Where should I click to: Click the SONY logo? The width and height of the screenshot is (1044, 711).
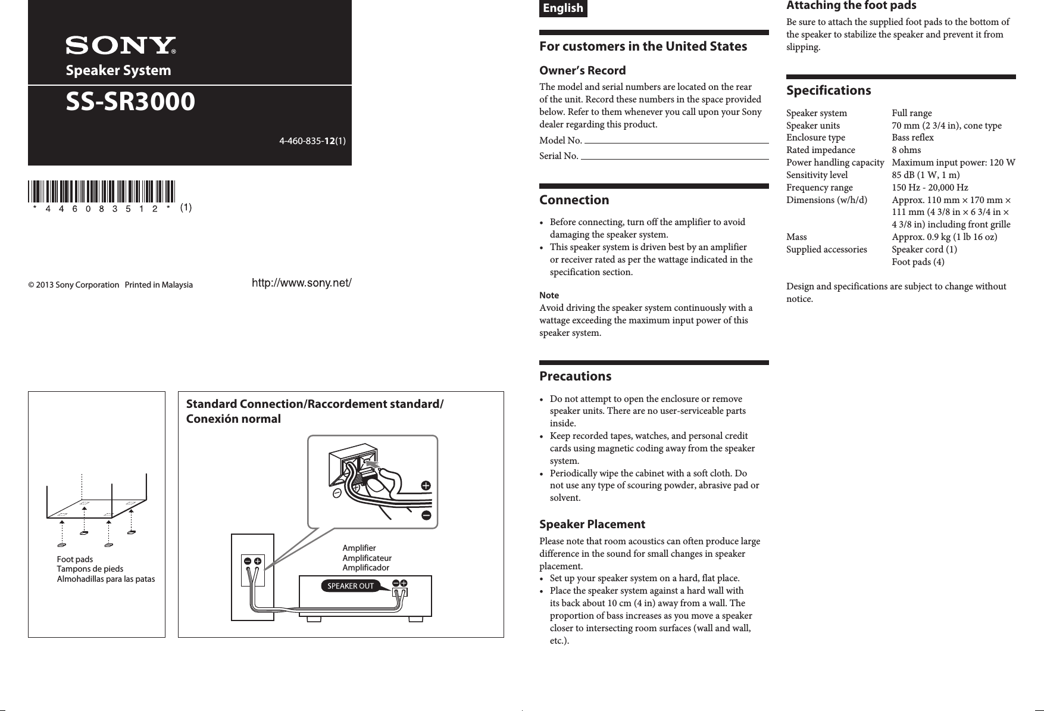(121, 46)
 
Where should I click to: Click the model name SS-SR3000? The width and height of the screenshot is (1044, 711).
(130, 102)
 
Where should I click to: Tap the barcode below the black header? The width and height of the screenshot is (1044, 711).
(101, 192)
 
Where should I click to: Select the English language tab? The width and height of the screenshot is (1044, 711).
(563, 8)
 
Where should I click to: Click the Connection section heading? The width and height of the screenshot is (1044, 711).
(574, 200)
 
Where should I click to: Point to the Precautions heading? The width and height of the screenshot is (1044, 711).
(575, 376)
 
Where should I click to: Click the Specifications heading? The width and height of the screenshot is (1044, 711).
(828, 91)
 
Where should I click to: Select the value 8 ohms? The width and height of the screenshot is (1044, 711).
(906, 150)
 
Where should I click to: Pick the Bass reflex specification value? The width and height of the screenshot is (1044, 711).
(912, 138)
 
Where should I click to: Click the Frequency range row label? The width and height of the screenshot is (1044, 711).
(819, 188)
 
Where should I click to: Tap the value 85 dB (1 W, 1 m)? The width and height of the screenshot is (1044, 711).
(925, 175)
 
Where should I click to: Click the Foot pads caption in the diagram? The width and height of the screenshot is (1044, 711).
(75, 559)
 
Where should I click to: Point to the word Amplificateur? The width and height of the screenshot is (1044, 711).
(367, 558)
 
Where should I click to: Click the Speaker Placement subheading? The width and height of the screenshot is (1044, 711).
(592, 525)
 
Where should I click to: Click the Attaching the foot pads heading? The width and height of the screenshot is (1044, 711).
(851, 6)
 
